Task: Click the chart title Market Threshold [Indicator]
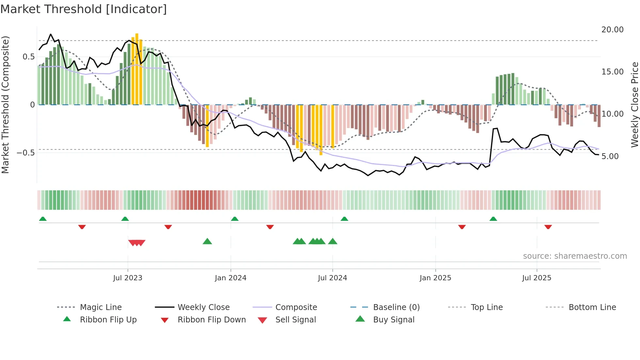click(x=84, y=9)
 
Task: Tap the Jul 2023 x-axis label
click(x=128, y=278)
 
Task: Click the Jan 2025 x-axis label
click(x=435, y=278)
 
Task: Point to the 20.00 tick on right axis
click(x=612, y=30)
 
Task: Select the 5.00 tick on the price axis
click(x=610, y=156)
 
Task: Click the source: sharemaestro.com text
click(x=575, y=256)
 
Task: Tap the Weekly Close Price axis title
click(x=634, y=105)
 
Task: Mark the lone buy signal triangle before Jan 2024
click(x=207, y=241)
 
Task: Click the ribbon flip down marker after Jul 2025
click(x=548, y=227)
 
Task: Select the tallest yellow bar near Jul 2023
click(x=137, y=69)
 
